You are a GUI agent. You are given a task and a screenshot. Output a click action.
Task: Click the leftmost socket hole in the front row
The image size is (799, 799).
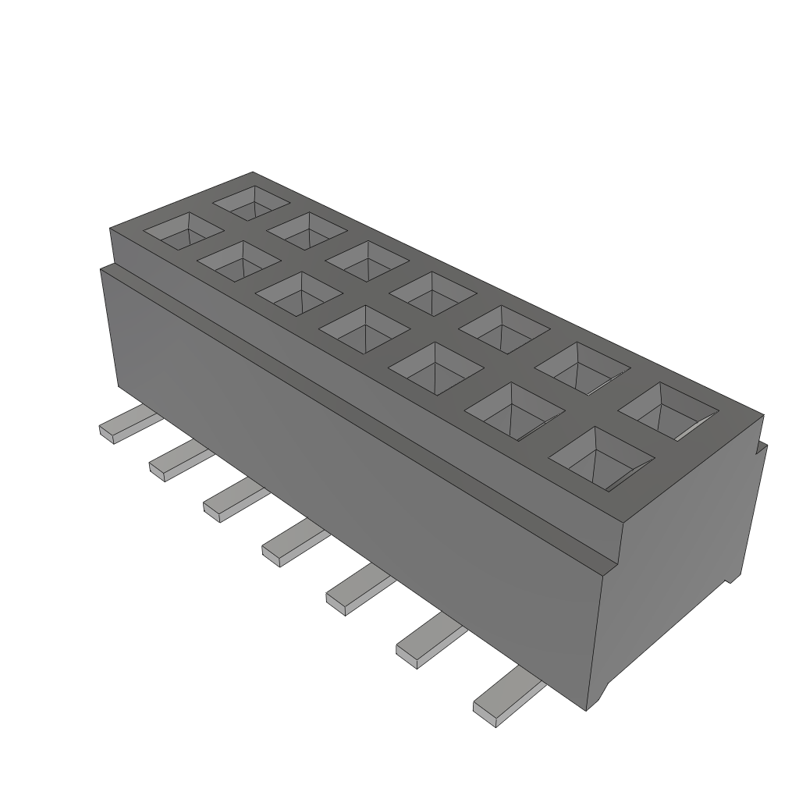point(186,231)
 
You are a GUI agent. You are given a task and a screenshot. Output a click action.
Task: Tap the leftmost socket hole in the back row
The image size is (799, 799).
point(253,202)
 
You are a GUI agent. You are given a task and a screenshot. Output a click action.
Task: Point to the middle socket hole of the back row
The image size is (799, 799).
point(432,293)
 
